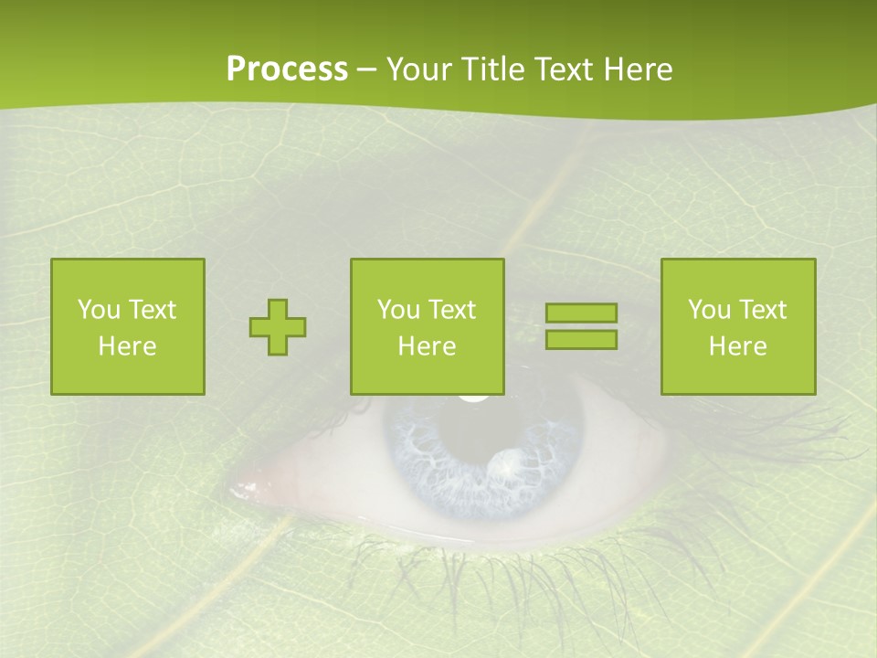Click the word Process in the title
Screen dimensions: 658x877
coord(287,69)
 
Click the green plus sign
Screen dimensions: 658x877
coord(278,327)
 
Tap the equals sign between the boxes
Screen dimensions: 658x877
coord(581,326)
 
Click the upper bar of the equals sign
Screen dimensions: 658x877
coord(581,313)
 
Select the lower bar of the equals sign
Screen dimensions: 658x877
coord(581,339)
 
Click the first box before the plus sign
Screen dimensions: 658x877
coord(128,326)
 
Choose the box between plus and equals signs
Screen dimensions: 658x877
coord(428,326)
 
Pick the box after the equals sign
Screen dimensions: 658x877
coord(738,326)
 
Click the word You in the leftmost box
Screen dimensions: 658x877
coord(98,310)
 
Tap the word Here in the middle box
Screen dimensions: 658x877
coord(428,346)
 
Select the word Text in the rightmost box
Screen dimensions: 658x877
coord(760,310)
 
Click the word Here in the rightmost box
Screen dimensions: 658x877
coord(738,346)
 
